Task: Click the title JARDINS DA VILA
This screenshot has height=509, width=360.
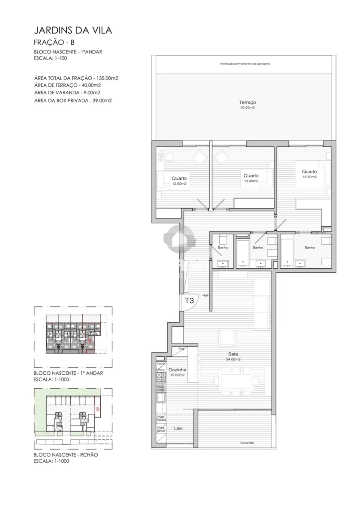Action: tap(73, 30)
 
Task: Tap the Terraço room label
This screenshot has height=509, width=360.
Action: tap(247, 102)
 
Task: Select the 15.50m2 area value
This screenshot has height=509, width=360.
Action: tap(309, 177)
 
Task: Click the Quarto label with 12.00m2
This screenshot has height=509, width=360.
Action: tap(180, 178)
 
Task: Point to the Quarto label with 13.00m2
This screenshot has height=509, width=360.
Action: tap(251, 176)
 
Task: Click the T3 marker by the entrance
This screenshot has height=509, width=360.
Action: tap(189, 300)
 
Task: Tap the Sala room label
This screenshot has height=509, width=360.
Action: tap(233, 354)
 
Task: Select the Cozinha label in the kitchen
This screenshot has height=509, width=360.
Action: tap(177, 370)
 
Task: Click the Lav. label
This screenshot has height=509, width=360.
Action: tap(178, 428)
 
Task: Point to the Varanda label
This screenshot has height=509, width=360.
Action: tap(247, 443)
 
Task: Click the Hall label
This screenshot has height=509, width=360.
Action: tap(206, 295)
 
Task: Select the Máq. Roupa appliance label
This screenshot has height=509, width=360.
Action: tap(161, 418)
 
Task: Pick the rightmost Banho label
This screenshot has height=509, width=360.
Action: tap(310, 248)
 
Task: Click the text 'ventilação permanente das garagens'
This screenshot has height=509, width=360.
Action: tap(245, 64)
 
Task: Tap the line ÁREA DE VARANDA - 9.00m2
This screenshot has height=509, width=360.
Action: tap(67, 93)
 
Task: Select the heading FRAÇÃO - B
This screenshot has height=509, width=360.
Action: tap(54, 42)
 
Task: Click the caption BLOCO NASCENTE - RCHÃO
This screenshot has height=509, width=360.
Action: tap(66, 455)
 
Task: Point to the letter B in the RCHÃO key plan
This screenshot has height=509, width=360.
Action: tap(97, 409)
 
